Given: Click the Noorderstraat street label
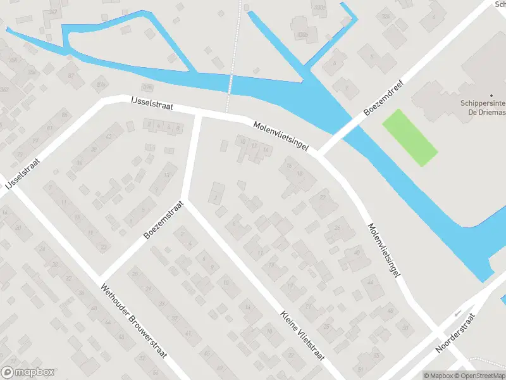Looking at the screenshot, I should [x=455, y=335].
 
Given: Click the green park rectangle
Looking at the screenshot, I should [x=409, y=137].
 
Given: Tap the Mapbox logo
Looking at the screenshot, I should [x=28, y=372].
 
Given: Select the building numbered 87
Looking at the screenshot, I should [x=71, y=75].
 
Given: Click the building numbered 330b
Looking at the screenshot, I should [x=303, y=34].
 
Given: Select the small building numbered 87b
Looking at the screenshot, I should [x=147, y=87].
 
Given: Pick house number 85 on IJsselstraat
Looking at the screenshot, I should [x=65, y=115].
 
